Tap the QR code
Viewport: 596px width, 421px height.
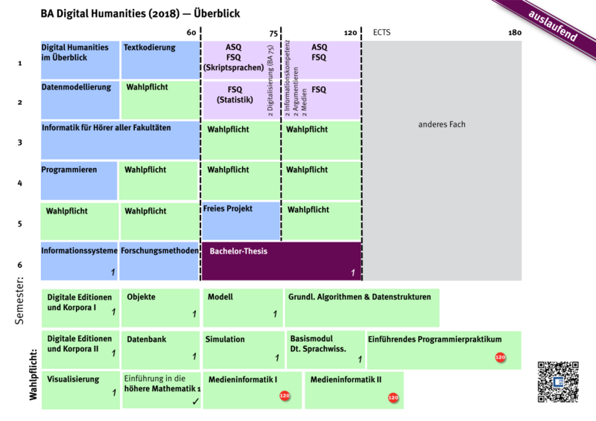coord(557,382)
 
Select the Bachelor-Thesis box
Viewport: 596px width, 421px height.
coord(282,261)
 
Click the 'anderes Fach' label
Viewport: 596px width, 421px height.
coord(442,124)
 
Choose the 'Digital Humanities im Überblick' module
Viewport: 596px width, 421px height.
coord(78,60)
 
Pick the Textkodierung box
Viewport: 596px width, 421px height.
coord(159,60)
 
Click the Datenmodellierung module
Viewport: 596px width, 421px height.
coord(78,100)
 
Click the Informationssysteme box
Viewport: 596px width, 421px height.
coord(78,261)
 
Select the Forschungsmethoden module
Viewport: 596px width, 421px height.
coord(159,261)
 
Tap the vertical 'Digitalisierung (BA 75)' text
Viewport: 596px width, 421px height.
coord(270,89)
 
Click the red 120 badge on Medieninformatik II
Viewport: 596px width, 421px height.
coord(393,398)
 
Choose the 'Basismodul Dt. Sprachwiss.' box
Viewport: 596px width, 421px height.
coord(326,348)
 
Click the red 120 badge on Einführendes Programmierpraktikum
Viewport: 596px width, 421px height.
coord(500,358)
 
